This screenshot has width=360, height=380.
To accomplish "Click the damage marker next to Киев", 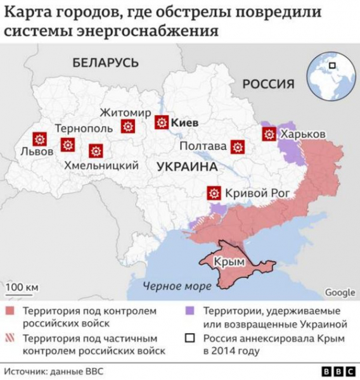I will click(162, 122).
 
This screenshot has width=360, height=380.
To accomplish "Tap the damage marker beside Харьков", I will click(269, 134).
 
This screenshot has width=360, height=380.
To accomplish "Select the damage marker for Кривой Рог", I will click(214, 193).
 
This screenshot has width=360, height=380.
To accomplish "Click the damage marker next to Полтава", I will click(238, 147).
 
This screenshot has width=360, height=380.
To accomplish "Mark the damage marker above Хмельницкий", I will click(96, 151).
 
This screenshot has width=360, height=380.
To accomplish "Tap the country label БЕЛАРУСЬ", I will click(105, 63).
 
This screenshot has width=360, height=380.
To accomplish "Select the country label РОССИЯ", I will click(269, 84).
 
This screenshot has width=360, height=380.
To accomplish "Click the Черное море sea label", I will click(177, 286).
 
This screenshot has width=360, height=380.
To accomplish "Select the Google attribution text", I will click(340, 292).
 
